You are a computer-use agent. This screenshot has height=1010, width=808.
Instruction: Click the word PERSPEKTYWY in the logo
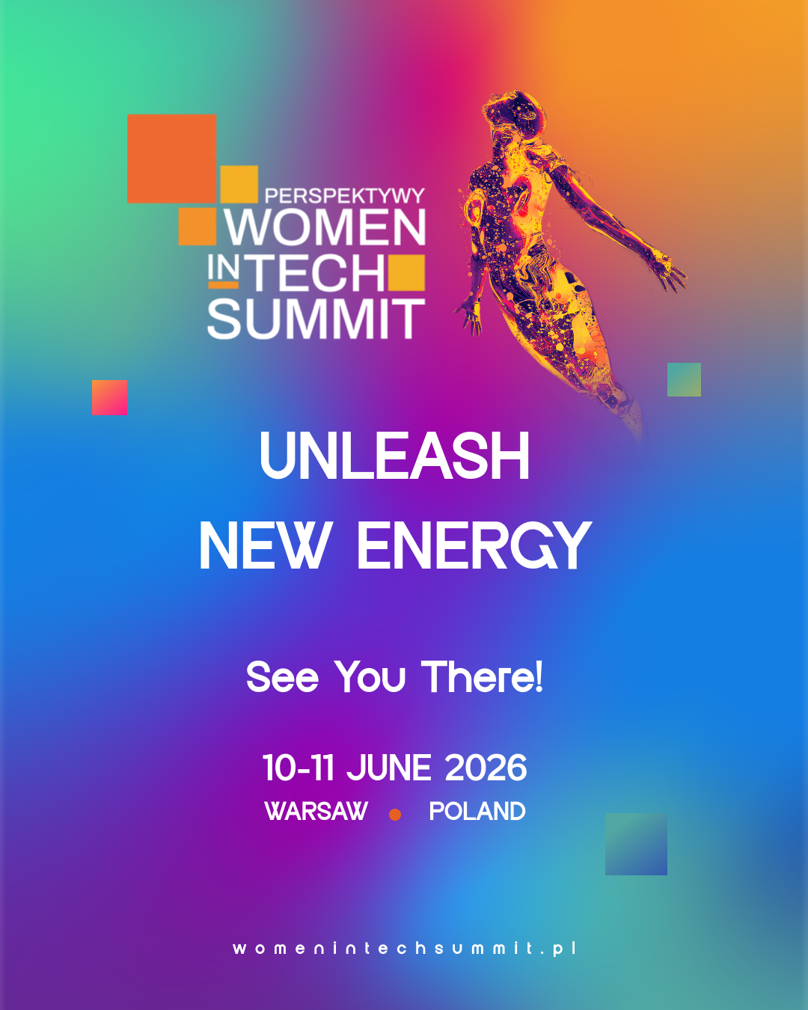coord(345,196)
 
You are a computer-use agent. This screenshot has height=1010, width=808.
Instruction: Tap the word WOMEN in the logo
coord(325,227)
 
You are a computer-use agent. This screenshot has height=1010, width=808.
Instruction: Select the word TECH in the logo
coord(318,273)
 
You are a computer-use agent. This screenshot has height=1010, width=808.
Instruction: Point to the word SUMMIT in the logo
coord(316,319)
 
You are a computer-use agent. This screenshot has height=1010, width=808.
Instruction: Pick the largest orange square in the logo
coord(172,159)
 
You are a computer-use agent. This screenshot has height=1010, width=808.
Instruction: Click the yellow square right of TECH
coord(406,272)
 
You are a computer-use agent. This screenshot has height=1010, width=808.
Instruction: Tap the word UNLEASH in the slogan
coord(394,456)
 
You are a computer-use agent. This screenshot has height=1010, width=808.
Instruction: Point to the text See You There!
coord(395,676)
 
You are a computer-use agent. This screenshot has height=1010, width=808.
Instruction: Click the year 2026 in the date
coord(486,768)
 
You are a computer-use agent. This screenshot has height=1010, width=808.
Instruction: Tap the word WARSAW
coord(316,812)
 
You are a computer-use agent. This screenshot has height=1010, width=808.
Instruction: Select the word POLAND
coord(477,812)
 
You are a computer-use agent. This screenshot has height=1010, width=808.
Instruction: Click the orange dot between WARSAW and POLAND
coord(395,814)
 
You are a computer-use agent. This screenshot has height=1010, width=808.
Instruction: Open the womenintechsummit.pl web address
coord(404,948)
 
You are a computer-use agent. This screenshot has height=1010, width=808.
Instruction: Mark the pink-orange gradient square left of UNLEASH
coord(109,397)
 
